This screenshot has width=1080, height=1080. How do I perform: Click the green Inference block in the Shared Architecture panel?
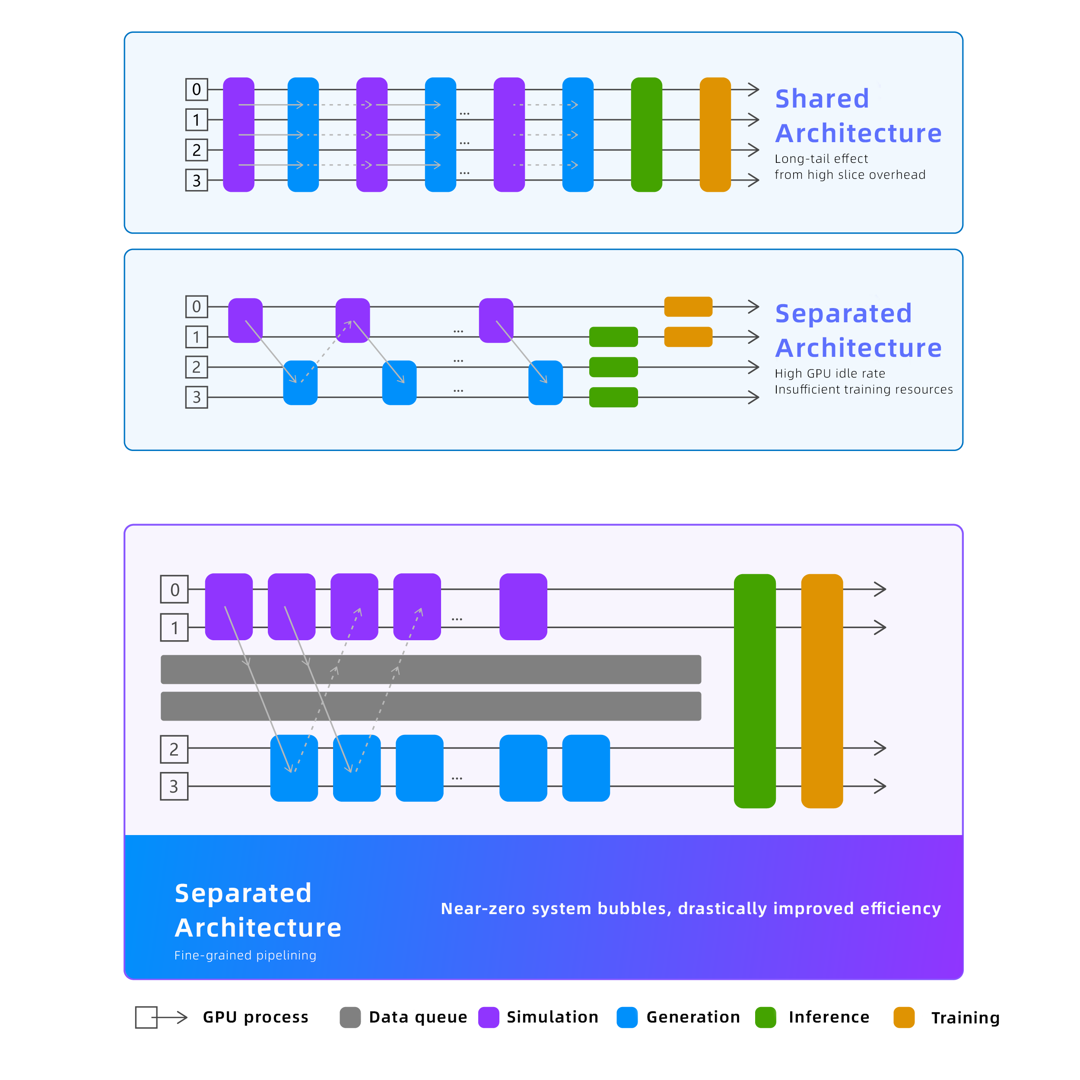tap(646, 135)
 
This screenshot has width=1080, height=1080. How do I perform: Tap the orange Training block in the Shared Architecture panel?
tap(715, 135)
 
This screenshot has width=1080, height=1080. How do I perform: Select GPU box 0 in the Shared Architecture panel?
tap(197, 89)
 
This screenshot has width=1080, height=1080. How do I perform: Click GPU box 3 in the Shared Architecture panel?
tap(197, 181)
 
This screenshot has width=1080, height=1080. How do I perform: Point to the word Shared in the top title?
tap(822, 99)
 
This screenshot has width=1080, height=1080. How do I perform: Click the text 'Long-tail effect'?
tap(821, 159)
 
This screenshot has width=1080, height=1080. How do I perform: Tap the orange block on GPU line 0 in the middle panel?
tap(688, 307)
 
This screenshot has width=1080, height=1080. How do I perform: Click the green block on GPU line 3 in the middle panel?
tap(613, 397)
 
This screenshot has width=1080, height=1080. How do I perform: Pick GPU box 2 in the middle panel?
tap(197, 367)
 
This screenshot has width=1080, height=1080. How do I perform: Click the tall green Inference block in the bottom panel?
tap(755, 691)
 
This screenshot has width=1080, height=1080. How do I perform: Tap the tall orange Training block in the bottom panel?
tap(822, 691)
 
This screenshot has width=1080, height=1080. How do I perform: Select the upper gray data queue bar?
tap(431, 670)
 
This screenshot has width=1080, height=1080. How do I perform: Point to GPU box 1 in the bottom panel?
tap(175, 628)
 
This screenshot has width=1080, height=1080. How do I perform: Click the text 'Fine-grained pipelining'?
tap(245, 955)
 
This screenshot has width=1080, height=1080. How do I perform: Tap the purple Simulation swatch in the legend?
tap(489, 1017)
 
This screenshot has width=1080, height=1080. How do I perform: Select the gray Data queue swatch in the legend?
tap(350, 1017)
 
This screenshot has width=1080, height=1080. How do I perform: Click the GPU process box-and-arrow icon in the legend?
tap(161, 1017)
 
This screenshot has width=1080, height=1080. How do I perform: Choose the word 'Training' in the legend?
tap(966, 1018)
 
